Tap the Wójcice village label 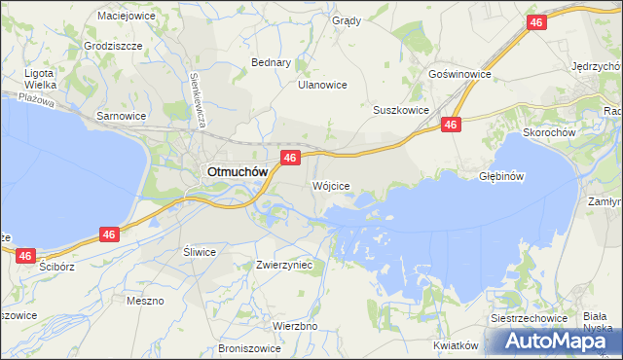[x=330, y=185]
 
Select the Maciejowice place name [x=127, y=16]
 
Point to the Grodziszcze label [x=114, y=46]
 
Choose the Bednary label [x=272, y=62]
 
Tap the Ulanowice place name [x=322, y=85]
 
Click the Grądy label [x=346, y=20]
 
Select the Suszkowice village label [x=401, y=110]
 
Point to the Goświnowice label [x=459, y=74]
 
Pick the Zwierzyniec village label [x=283, y=265]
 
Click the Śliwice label [x=200, y=251]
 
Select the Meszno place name [x=145, y=301]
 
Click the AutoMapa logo [x=559, y=341]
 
